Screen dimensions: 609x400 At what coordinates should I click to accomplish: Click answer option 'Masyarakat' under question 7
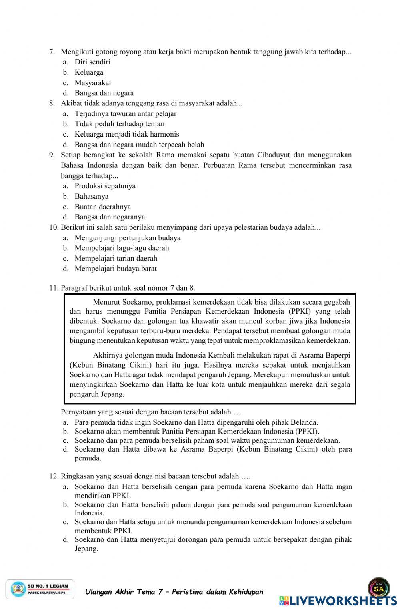coord(93,83)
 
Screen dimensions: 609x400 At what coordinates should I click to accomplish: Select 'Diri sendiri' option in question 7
coord(92,62)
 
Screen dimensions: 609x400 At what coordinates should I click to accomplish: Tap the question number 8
coord(52,103)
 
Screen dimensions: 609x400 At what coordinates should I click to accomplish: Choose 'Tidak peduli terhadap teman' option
coord(120,124)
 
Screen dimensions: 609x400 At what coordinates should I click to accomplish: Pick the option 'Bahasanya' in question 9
coord(92,196)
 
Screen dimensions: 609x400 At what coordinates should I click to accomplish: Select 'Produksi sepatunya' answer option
coord(105,186)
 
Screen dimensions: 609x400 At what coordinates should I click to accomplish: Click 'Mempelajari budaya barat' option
coord(116,269)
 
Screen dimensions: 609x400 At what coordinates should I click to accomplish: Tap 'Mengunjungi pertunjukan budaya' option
coord(127,238)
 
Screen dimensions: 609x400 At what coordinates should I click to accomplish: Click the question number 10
coord(54,227)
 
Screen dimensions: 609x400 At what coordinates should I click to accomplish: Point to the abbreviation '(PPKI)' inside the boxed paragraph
coord(297,311)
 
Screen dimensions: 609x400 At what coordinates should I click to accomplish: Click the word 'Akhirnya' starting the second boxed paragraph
coord(107,355)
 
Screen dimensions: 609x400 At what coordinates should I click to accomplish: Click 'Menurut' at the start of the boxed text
coord(106,302)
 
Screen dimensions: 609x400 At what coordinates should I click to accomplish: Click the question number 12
coord(54,476)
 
